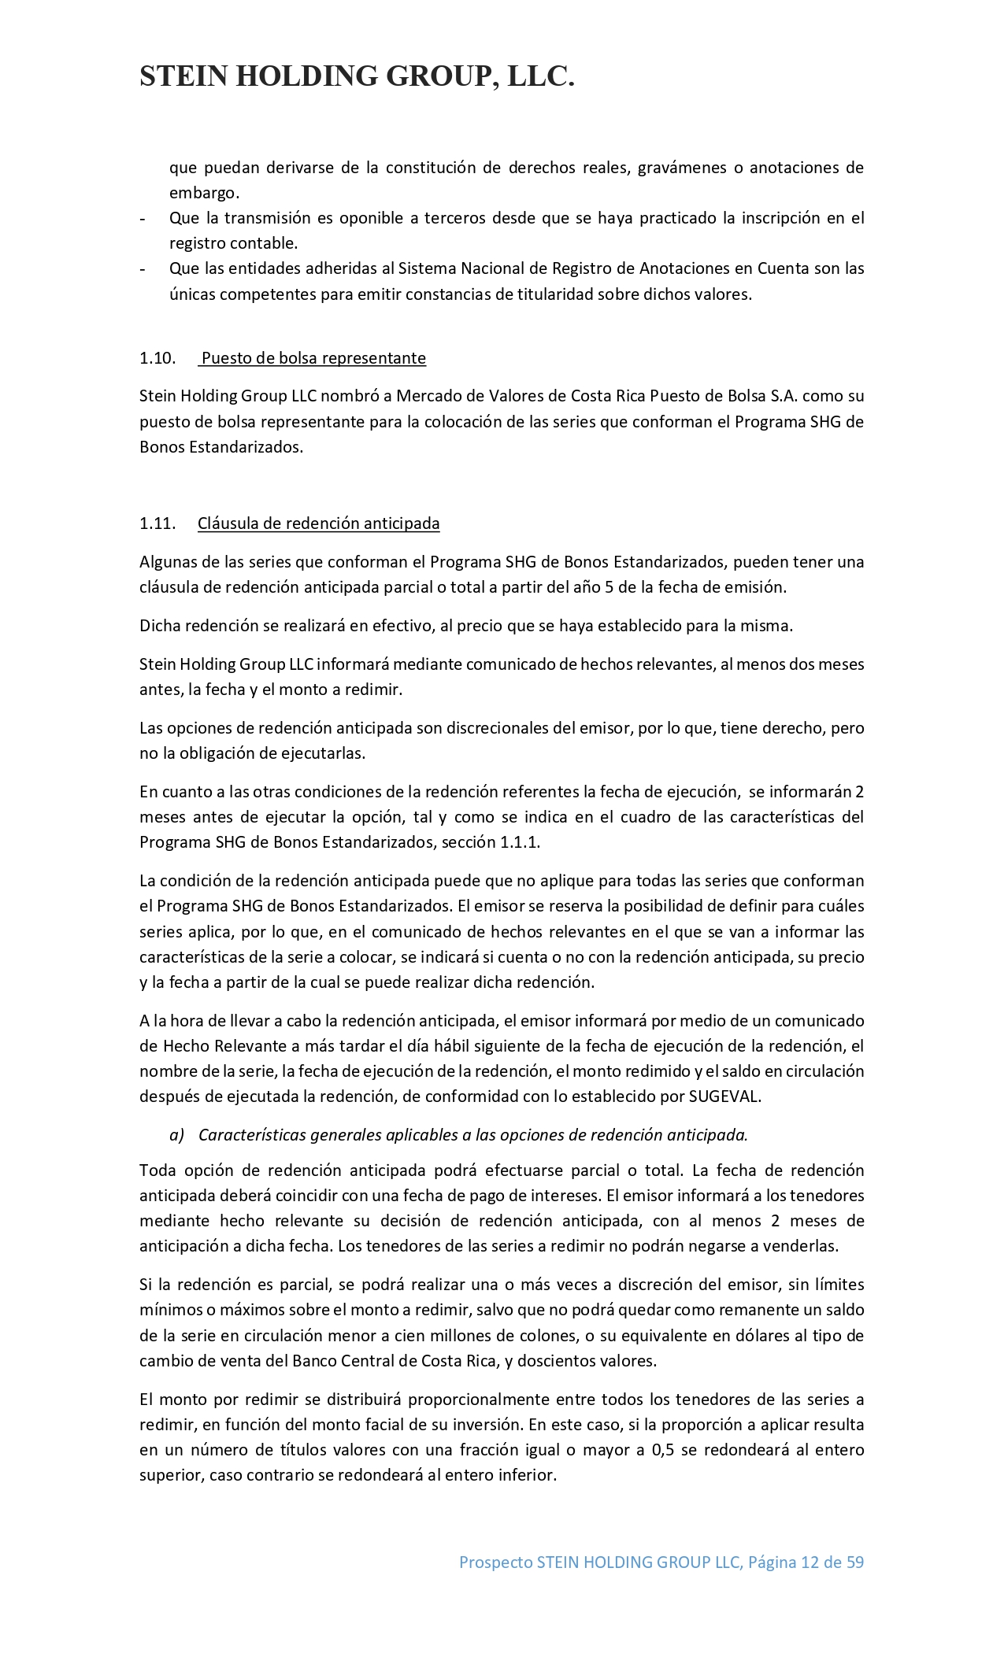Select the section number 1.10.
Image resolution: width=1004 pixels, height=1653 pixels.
(157, 359)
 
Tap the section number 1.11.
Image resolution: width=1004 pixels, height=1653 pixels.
(157, 524)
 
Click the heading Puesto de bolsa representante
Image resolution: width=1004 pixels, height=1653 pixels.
(313, 359)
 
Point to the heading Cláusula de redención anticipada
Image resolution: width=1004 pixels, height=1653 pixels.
(318, 524)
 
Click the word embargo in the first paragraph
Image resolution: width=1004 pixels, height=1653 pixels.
(203, 193)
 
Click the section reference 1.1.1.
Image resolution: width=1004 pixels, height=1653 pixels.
(520, 842)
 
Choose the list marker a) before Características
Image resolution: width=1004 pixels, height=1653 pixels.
(176, 1135)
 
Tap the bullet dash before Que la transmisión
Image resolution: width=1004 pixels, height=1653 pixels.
(143, 218)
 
